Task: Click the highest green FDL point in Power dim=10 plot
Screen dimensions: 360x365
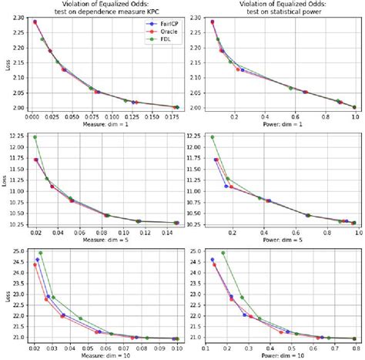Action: click(x=223, y=253)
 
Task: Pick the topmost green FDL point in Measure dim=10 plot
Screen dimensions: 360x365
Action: click(x=41, y=253)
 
